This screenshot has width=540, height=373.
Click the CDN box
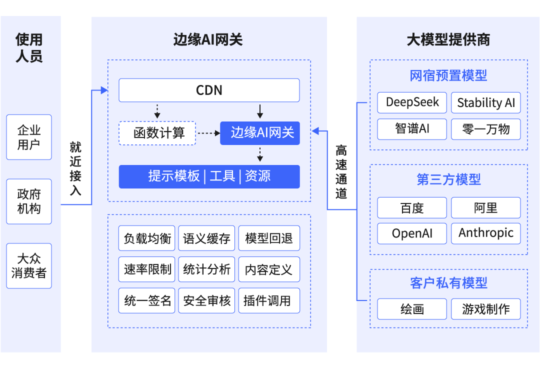tap(209, 90)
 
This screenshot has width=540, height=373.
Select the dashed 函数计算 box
tap(157, 133)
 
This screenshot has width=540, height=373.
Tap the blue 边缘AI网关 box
tap(259, 133)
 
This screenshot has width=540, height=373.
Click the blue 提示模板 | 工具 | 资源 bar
tap(209, 176)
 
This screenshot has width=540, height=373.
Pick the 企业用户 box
tap(29, 137)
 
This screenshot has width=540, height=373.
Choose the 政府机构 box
tap(29, 201)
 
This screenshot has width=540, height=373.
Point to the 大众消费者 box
tap(29, 266)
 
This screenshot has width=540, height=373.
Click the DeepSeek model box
tap(412, 102)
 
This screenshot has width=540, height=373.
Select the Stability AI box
tap(485, 102)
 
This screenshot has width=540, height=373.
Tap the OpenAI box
tap(412, 233)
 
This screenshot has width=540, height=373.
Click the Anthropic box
tap(485, 233)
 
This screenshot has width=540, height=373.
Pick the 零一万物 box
tap(485, 129)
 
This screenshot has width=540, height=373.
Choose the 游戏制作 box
tap(485, 309)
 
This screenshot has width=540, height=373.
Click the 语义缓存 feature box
tap(206, 238)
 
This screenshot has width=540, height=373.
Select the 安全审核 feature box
tap(206, 300)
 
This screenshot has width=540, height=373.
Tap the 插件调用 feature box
tap(269, 300)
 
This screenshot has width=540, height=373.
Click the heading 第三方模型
tap(448, 179)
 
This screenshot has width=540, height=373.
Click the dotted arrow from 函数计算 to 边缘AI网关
tap(208, 133)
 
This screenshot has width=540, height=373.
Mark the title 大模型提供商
tap(448, 40)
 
